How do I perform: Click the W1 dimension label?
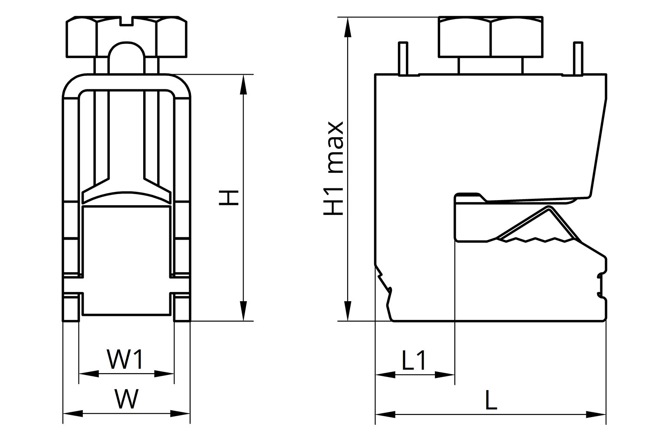point(125,359)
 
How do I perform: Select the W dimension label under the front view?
point(126,398)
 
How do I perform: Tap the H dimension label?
point(229,197)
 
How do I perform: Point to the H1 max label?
point(334,168)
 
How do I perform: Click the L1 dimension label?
point(414,360)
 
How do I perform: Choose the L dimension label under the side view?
point(491,400)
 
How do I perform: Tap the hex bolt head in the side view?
point(490,36)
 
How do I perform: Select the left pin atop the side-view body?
point(403,59)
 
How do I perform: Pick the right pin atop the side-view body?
point(578,59)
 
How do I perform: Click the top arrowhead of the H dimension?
point(243,85)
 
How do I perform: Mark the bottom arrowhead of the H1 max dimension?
point(348,311)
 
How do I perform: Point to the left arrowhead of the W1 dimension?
point(89,374)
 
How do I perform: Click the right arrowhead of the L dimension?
point(596,414)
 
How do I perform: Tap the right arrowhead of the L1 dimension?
point(445,375)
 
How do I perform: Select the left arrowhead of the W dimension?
point(73,414)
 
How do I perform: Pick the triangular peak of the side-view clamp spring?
point(549,208)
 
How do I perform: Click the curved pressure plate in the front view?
point(126,197)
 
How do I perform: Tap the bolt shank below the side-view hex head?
point(490,66)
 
